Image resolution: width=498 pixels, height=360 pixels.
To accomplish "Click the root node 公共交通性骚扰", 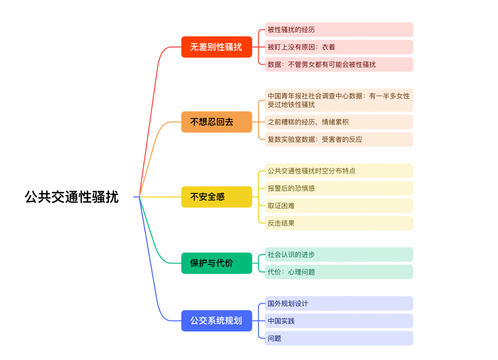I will click(x=72, y=197).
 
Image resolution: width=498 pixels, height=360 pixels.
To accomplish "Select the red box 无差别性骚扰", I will click(x=216, y=47).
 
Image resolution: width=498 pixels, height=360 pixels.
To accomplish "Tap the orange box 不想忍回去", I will click(x=216, y=122).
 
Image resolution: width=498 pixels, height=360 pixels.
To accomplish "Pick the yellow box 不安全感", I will click(x=216, y=197).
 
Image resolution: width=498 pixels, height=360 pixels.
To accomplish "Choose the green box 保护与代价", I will click(x=216, y=263).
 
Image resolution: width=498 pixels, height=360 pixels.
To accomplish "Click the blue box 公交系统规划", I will click(x=216, y=321).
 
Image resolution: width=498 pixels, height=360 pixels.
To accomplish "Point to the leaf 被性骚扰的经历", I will click(x=338, y=30).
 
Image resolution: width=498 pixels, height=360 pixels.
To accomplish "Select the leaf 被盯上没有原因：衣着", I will click(x=338, y=47).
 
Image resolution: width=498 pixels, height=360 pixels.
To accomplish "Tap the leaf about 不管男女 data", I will click(x=338, y=65).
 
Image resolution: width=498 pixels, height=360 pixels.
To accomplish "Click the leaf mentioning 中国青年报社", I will click(x=338, y=100).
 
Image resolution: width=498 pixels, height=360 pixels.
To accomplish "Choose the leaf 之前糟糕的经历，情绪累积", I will click(x=338, y=122).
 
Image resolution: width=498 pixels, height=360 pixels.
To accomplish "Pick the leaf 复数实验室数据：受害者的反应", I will click(x=338, y=139).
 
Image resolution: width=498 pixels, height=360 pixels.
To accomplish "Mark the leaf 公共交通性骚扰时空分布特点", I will click(x=338, y=171).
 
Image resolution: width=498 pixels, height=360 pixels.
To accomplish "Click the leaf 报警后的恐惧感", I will click(x=338, y=188).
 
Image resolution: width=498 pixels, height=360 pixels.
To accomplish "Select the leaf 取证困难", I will click(x=338, y=206).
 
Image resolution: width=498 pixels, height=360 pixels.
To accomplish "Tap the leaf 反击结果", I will click(x=338, y=223).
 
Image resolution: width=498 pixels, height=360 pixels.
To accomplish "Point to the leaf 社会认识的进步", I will click(x=338, y=255).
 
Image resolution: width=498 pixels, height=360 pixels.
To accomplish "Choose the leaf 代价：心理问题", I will click(x=338, y=272).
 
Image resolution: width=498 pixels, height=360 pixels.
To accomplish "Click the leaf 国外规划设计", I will click(x=338, y=304).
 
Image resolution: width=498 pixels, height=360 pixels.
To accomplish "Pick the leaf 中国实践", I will click(x=338, y=321).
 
